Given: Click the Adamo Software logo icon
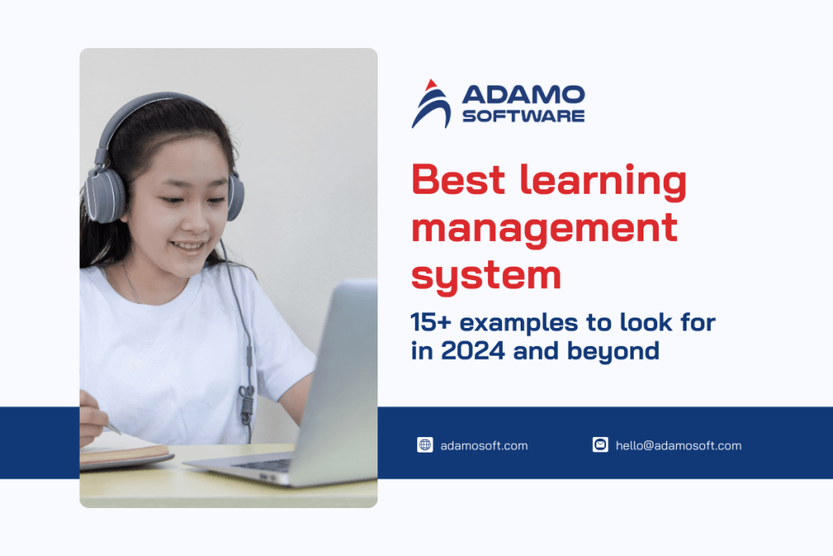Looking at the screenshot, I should point(431,103).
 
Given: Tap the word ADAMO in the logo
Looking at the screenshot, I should point(523,94).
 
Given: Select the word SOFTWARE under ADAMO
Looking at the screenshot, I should point(523,116).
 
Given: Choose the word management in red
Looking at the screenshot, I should point(543,229).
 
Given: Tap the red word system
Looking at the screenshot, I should point(486,275).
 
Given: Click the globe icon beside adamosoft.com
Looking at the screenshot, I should point(425,445).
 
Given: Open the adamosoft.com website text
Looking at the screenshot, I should point(484,445).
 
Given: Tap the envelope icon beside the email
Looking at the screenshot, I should point(600,445).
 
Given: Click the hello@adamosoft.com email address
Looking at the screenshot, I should point(678,445).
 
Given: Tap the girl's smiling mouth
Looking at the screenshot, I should point(189,245).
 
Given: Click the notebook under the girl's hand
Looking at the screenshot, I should point(122,449).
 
